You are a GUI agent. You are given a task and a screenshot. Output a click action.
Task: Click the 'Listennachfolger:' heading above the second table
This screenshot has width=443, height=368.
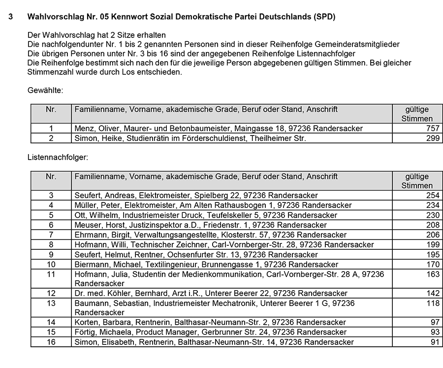(57, 158)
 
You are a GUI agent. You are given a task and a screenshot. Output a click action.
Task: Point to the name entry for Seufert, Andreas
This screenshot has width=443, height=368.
(196, 196)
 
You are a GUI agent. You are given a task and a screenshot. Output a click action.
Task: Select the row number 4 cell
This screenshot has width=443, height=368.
(51, 205)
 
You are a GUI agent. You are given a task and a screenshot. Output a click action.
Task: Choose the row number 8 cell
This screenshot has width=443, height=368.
(51, 245)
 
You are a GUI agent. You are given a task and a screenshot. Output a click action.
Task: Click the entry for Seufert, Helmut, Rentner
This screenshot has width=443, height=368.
(196, 255)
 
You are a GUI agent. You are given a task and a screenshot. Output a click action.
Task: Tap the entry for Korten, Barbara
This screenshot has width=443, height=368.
(210, 322)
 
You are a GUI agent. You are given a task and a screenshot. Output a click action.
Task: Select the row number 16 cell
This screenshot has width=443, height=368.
(51, 342)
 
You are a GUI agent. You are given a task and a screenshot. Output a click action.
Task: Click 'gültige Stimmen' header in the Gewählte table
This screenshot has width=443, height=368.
(417, 114)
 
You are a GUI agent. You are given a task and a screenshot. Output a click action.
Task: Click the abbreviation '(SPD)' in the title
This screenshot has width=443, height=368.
(324, 17)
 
